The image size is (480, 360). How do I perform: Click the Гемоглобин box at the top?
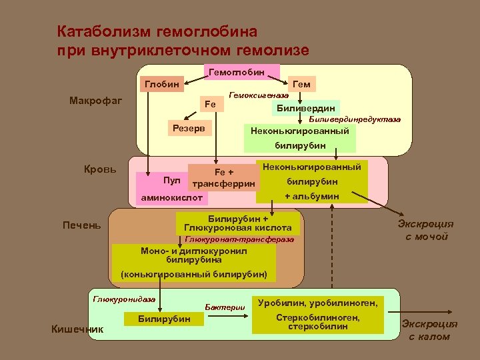[237, 71]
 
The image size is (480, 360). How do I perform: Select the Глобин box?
[161, 84]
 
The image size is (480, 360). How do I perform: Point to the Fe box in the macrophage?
[210, 105]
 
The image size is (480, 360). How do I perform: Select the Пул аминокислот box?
[172, 189]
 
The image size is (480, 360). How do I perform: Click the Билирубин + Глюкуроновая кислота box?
[238, 223]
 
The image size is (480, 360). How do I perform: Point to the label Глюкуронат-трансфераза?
[239, 239]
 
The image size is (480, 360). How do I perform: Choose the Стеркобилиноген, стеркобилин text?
[317, 322]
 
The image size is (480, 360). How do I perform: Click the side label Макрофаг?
[92, 101]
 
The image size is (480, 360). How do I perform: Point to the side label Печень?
[83, 225]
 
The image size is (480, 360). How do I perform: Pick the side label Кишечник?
[77, 328]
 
